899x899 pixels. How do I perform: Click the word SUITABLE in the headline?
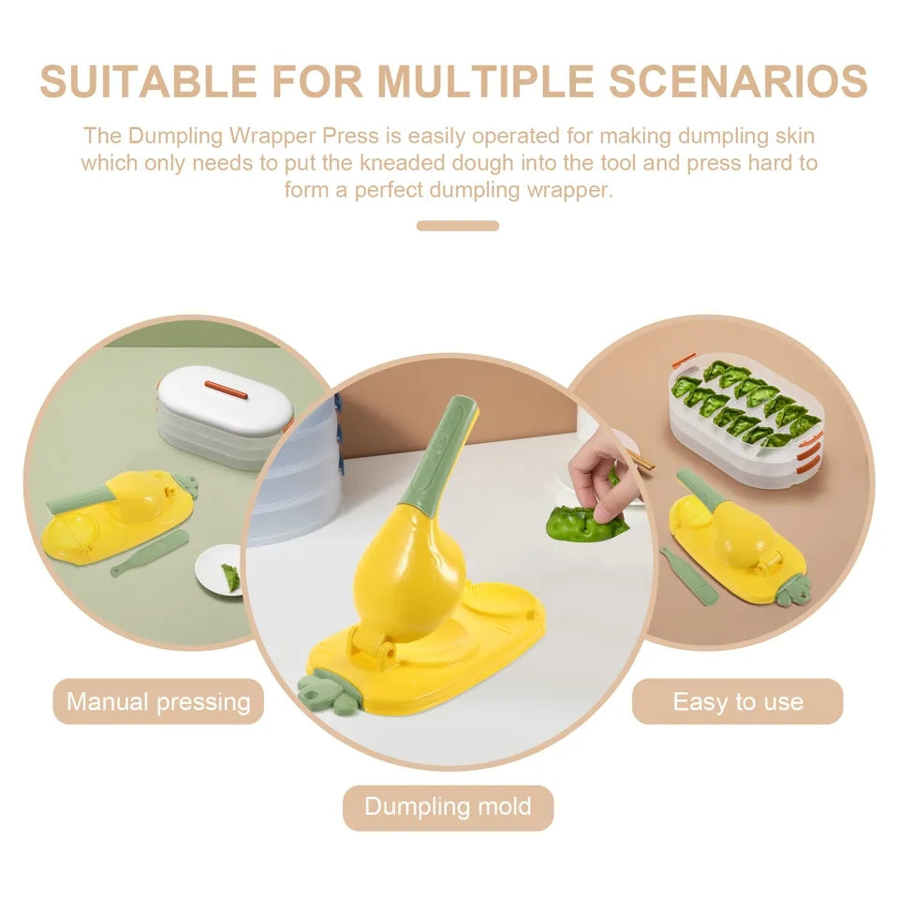click(x=149, y=81)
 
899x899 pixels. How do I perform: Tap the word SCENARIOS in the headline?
click(x=738, y=81)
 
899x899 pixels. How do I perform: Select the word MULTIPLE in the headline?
click(x=486, y=81)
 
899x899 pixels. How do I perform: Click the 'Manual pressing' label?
click(x=158, y=701)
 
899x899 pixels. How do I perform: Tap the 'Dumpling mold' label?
click(x=448, y=806)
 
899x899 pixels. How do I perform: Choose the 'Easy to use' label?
click(x=737, y=701)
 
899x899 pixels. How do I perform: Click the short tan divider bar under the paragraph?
click(x=458, y=226)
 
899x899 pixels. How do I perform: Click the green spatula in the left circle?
click(x=149, y=553)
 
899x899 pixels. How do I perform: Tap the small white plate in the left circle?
click(x=221, y=573)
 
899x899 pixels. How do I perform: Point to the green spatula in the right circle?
click(x=686, y=574)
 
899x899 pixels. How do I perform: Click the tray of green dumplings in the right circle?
click(x=746, y=418)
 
